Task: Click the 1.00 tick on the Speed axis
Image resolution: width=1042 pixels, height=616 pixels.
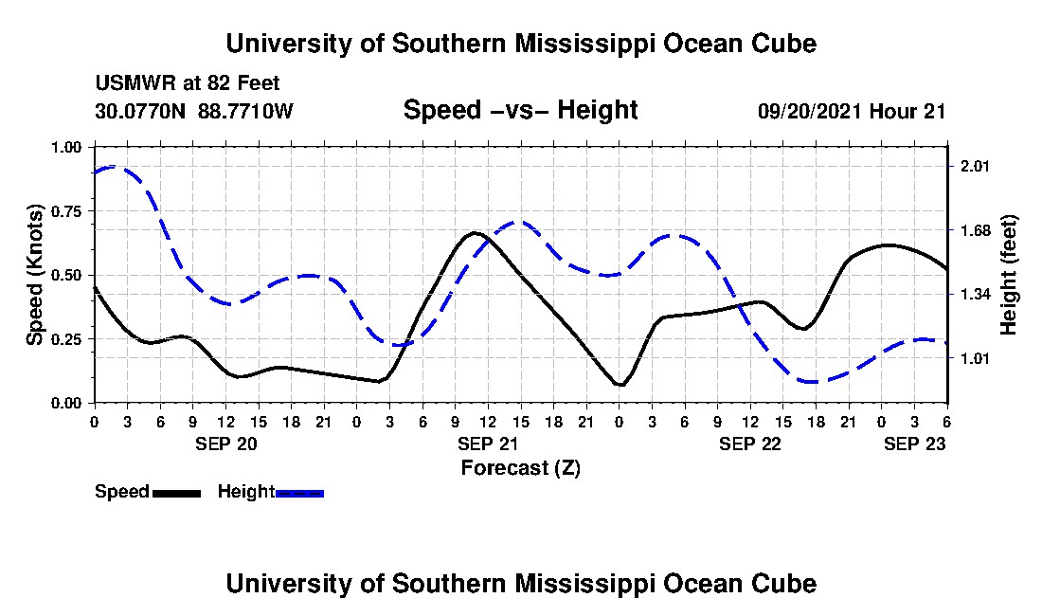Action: pyautogui.click(x=71, y=147)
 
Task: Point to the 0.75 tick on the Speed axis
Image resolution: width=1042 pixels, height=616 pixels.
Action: pyautogui.click(x=71, y=210)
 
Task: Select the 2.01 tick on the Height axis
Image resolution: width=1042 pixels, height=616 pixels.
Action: pyautogui.click(x=975, y=167)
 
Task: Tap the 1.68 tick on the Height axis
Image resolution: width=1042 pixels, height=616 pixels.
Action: pyautogui.click(x=975, y=230)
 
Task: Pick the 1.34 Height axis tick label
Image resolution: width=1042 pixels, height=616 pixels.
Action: pyautogui.click(x=975, y=295)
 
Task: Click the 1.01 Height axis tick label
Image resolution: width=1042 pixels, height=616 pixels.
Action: pyautogui.click(x=975, y=358)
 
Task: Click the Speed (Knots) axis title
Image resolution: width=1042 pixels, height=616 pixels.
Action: pyautogui.click(x=35, y=275)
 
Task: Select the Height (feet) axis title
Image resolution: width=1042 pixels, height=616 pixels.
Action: pyautogui.click(x=1008, y=275)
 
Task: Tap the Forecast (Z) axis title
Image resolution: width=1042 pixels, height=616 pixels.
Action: pyautogui.click(x=520, y=467)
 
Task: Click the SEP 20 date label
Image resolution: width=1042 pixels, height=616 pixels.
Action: pyautogui.click(x=225, y=444)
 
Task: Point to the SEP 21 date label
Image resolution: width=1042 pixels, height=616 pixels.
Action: pyautogui.click(x=488, y=444)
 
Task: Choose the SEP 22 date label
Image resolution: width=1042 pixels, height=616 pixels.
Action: pyautogui.click(x=750, y=444)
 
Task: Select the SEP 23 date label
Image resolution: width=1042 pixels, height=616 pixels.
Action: pyautogui.click(x=914, y=444)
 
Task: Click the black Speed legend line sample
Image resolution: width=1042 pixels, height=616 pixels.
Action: pyautogui.click(x=176, y=493)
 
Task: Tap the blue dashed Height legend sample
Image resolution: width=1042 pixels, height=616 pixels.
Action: pyautogui.click(x=300, y=493)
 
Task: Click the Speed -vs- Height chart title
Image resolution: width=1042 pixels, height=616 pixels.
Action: pyautogui.click(x=520, y=110)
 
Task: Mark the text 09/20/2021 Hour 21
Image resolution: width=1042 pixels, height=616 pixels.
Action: pyautogui.click(x=852, y=112)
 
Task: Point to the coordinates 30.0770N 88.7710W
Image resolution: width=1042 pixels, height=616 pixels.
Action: pyautogui.click(x=194, y=112)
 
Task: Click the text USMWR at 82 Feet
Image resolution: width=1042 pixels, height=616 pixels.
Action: pyautogui.click(x=188, y=84)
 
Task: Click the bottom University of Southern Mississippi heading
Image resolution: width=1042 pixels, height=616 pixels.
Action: pyautogui.click(x=520, y=583)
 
